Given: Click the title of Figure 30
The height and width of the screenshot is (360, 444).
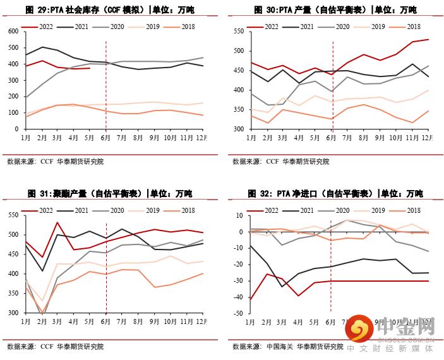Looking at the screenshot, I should point(335,10).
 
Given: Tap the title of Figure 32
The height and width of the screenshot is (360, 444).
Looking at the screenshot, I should point(335,193).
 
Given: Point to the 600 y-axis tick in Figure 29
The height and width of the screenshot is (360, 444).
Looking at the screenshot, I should point(13,31).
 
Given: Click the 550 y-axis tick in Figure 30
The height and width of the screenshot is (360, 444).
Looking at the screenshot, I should point(238,31).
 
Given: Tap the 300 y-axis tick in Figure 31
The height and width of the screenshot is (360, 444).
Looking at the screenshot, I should point(13,313).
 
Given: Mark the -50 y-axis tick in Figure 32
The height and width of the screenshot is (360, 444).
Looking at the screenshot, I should point(237,313).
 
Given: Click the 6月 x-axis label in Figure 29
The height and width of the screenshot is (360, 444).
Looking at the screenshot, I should point(105,137).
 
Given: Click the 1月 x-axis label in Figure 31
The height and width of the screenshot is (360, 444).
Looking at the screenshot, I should point(26,321).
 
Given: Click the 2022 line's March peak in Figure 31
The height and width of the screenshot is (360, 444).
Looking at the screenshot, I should point(58,222).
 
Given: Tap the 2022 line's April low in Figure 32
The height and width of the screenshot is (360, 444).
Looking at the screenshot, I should point(298,296).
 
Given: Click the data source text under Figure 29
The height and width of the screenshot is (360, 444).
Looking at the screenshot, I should point(55,162).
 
